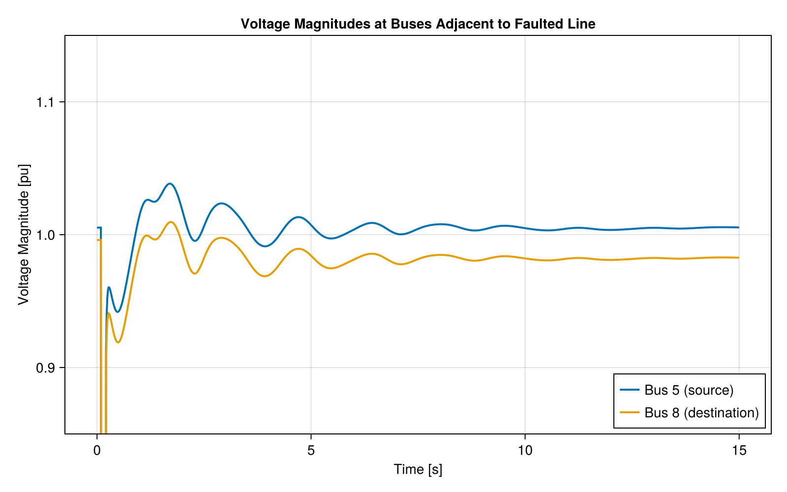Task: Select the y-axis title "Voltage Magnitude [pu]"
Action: (x=24, y=235)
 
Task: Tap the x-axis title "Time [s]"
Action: (x=418, y=469)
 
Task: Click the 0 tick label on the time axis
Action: (x=97, y=450)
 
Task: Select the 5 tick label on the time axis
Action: (x=311, y=450)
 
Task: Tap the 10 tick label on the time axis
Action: (x=525, y=450)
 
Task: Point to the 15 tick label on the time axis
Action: (x=739, y=450)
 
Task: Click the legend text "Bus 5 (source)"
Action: (x=689, y=390)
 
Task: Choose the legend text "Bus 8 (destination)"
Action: (x=701, y=412)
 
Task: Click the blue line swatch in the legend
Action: (x=629, y=390)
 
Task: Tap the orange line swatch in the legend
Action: (x=629, y=412)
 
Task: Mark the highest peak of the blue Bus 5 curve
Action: (x=170, y=184)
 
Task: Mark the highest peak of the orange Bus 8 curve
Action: (x=170, y=222)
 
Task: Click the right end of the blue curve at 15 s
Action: (x=738, y=227)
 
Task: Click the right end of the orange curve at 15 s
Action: (x=738, y=257)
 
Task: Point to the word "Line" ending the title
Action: (x=582, y=24)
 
